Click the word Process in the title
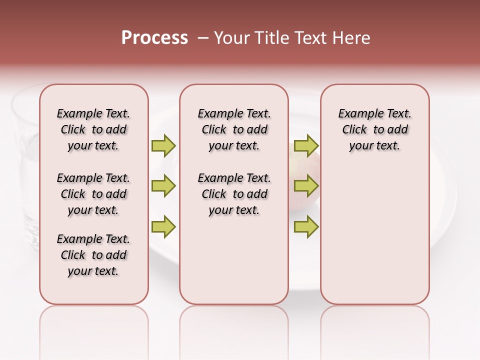click(x=154, y=38)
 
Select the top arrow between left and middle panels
click(x=163, y=145)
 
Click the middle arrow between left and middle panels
click(x=163, y=186)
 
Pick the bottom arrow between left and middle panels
click(x=163, y=226)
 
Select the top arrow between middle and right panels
click(x=306, y=145)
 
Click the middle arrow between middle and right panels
click(x=306, y=186)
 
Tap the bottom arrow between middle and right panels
click(x=306, y=226)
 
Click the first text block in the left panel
click(x=93, y=129)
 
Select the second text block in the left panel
click(x=93, y=194)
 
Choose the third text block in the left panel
click(x=93, y=255)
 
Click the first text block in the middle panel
click(x=234, y=129)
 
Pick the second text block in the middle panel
click(x=234, y=194)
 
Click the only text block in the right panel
click(x=374, y=129)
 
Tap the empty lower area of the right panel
click(x=374, y=240)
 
